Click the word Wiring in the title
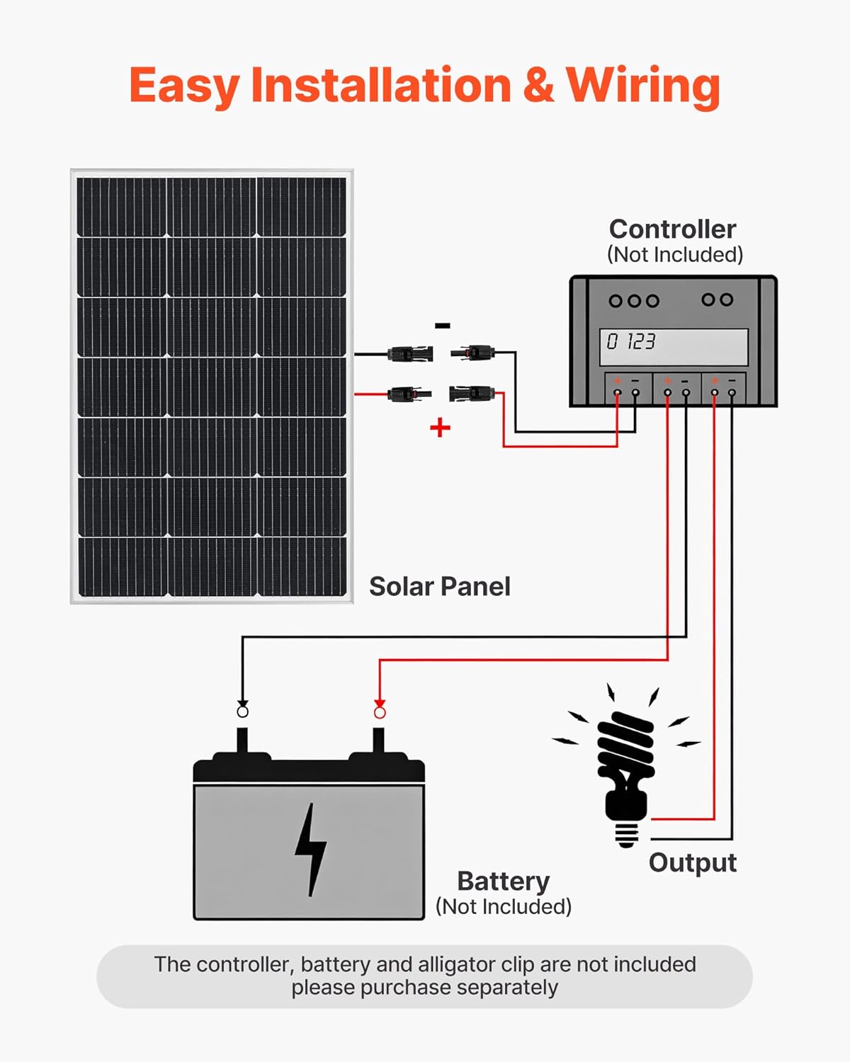click(x=643, y=86)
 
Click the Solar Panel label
click(x=439, y=586)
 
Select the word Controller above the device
click(x=672, y=229)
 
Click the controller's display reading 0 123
click(x=674, y=346)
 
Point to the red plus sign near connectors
click(x=440, y=428)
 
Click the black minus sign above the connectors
click(x=442, y=326)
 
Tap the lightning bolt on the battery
click(x=310, y=849)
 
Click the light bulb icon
click(x=626, y=765)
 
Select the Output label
click(x=692, y=862)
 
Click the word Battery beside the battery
click(x=503, y=881)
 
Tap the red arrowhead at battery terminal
click(x=380, y=704)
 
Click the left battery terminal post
click(x=242, y=741)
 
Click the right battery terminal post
click(x=379, y=741)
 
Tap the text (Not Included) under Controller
click(x=674, y=254)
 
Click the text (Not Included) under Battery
click(x=503, y=906)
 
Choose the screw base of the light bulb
click(x=626, y=833)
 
